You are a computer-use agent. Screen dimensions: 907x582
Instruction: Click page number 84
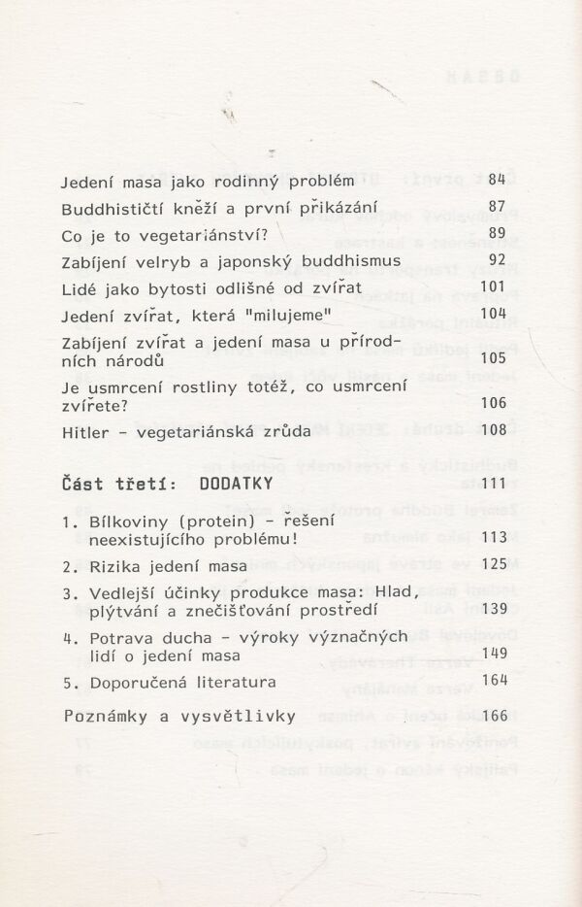(x=498, y=180)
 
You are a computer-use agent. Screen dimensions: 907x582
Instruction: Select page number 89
(x=498, y=233)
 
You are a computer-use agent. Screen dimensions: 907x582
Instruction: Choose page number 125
(x=494, y=564)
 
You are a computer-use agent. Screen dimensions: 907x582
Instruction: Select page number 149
(x=494, y=654)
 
